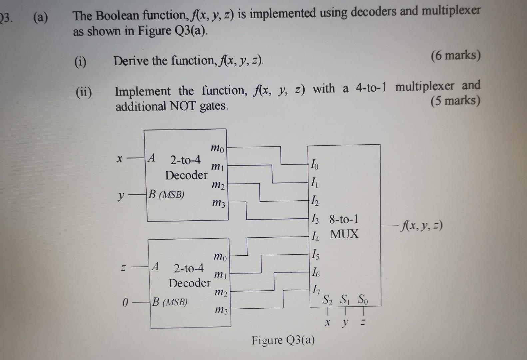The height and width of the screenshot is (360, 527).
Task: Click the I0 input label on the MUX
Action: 314,164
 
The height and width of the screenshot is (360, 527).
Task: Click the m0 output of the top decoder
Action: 218,148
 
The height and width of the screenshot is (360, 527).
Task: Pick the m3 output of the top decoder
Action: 219,202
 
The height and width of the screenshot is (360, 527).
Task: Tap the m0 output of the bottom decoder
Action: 220,257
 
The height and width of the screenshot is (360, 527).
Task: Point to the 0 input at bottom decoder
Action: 125,303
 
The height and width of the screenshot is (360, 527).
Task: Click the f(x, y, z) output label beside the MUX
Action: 422,227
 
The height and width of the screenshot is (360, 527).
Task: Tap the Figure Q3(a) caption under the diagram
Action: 283,340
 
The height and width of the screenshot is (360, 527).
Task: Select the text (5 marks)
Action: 455,100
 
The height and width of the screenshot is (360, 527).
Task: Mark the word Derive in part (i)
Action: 131,61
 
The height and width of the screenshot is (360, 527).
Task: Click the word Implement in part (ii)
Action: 143,91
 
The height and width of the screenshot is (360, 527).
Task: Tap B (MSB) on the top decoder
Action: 166,195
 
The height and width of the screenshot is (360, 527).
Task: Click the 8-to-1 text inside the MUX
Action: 344,219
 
